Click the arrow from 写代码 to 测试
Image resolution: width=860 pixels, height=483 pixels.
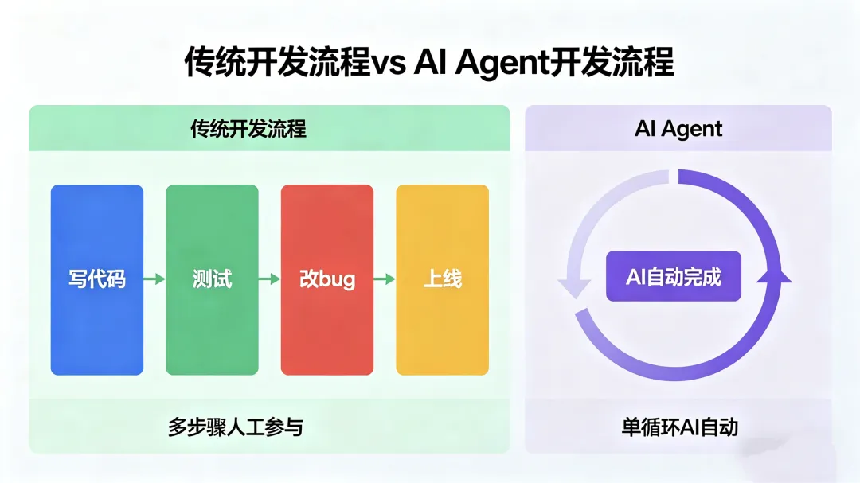pyautogui.click(x=154, y=279)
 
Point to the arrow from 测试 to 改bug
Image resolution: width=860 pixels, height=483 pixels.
pyautogui.click(x=270, y=279)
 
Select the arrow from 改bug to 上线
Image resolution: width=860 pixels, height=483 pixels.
pyautogui.click(x=385, y=279)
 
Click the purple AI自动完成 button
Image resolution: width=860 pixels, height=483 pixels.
pyautogui.click(x=673, y=276)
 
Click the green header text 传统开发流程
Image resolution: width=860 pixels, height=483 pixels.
pyautogui.click(x=248, y=129)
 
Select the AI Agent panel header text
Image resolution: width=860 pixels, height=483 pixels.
pyautogui.click(x=678, y=129)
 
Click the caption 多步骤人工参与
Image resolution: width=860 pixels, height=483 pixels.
pyautogui.click(x=235, y=427)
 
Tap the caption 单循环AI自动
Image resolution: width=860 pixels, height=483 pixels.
pyautogui.click(x=679, y=427)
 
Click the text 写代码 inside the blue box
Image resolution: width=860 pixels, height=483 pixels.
pyautogui.click(x=97, y=279)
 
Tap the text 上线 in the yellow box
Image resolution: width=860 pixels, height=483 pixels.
pyautogui.click(x=442, y=279)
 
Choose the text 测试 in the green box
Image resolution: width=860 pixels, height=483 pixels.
pyautogui.click(x=212, y=279)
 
